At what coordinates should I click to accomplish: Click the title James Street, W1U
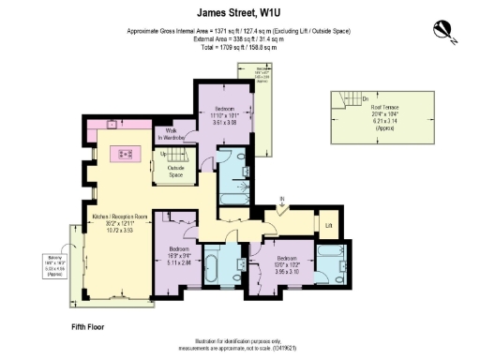pos(239,14)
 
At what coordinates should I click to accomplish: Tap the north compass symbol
pos(443,32)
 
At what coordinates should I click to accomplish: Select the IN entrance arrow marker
pos(281,199)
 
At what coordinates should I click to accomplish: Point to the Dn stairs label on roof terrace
pos(338,97)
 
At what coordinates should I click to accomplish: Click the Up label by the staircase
pos(163,153)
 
